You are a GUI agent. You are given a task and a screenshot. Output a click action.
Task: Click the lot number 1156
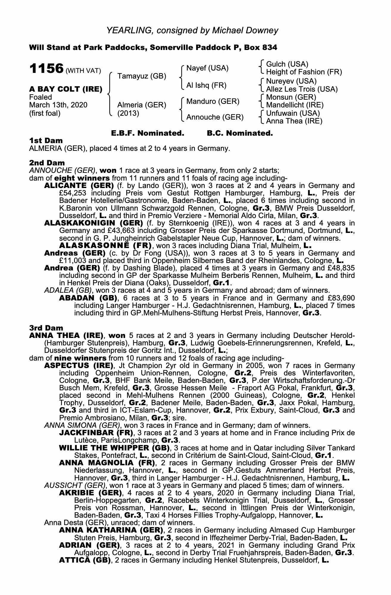point(46,69)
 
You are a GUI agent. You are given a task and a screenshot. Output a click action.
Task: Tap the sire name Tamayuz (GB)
point(142,76)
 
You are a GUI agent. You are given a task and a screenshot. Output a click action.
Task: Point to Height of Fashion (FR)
point(304,72)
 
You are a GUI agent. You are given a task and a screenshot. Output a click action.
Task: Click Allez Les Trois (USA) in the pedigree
point(302,89)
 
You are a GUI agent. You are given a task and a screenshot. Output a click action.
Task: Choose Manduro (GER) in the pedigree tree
point(213,101)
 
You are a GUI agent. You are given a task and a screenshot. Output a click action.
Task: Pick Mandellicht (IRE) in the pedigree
point(295,105)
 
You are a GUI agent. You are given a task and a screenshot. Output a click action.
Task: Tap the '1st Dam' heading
point(46,140)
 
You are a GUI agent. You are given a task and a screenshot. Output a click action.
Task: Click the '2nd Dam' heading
point(47,163)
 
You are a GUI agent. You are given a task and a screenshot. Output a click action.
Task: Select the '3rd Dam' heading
point(46,328)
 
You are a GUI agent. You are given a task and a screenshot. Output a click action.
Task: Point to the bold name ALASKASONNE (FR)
point(106,246)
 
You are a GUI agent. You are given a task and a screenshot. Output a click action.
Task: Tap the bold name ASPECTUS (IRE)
point(79,365)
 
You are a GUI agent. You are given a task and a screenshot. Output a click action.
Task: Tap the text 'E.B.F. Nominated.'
point(147,133)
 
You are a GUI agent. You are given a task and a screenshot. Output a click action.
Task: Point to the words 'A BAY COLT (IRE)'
point(66,89)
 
